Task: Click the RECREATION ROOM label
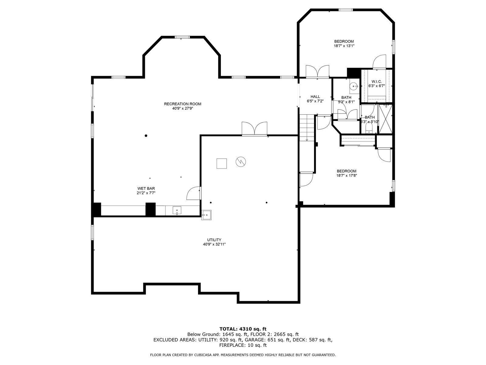tap(183, 104)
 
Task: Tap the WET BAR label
tap(146, 189)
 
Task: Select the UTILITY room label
tap(214, 240)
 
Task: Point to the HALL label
tap(315, 97)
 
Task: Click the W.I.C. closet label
tap(377, 82)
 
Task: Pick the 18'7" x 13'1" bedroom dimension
tap(344, 46)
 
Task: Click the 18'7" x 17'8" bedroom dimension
tap(347, 176)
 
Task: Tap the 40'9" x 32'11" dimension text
tap(214, 244)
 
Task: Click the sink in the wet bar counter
tap(177, 210)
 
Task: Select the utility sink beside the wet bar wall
tap(206, 215)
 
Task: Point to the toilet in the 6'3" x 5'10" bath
tap(369, 128)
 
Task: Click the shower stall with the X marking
tap(385, 119)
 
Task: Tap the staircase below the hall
tap(307, 128)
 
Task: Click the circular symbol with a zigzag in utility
tap(241, 162)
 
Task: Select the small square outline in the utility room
tap(221, 164)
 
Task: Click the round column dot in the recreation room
tap(146, 136)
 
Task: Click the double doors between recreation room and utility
tap(255, 129)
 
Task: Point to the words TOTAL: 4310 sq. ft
tap(243, 329)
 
